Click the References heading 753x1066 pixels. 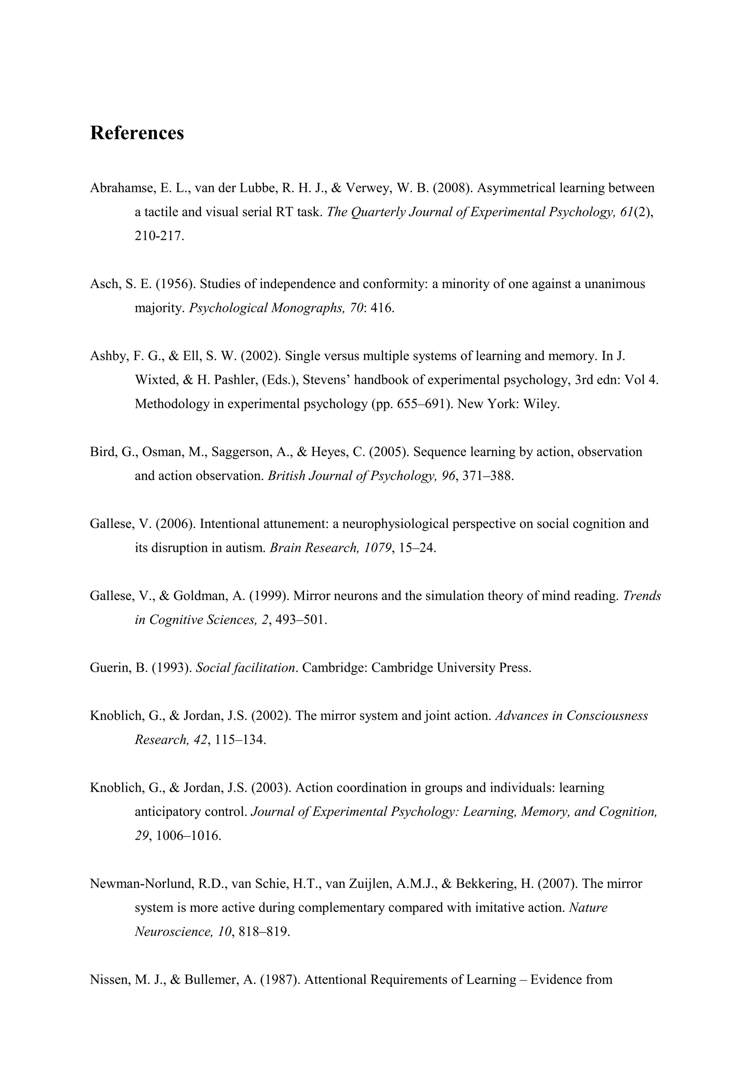(x=137, y=133)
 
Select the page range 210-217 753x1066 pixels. (x=159, y=236)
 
